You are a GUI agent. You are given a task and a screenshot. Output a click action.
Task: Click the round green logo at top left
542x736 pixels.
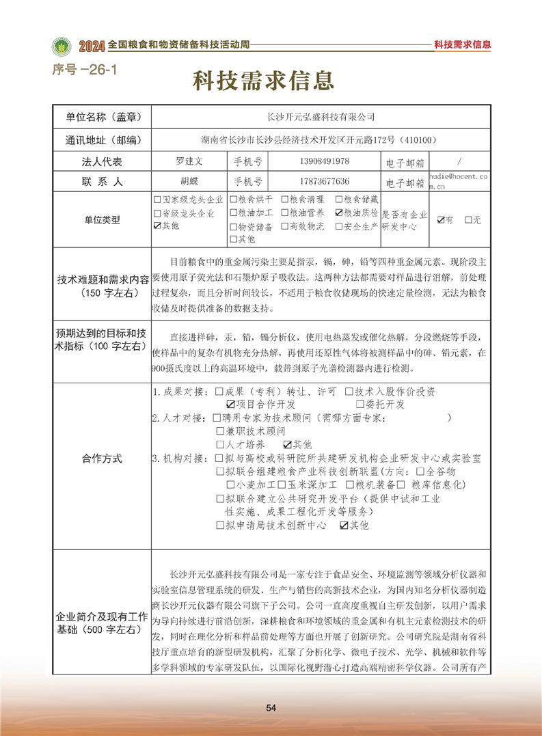coord(62,46)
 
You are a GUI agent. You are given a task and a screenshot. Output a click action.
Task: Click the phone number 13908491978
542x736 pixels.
coord(325,161)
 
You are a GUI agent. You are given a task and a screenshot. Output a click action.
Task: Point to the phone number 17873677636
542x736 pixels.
coord(325,182)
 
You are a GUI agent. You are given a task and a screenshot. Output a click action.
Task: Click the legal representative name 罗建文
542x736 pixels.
coord(189,161)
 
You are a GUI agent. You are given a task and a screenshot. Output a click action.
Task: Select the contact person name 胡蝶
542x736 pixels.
coord(189,182)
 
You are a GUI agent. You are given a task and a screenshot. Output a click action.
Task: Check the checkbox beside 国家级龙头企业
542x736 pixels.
coord(158,200)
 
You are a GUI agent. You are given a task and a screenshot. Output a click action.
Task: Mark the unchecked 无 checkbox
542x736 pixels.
coord(468,220)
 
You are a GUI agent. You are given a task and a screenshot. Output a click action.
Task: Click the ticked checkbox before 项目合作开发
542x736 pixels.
coord(220,405)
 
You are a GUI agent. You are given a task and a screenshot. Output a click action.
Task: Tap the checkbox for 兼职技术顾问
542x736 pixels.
coord(219,431)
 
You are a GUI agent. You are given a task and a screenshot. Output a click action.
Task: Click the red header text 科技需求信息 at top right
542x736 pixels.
coord(463,45)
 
